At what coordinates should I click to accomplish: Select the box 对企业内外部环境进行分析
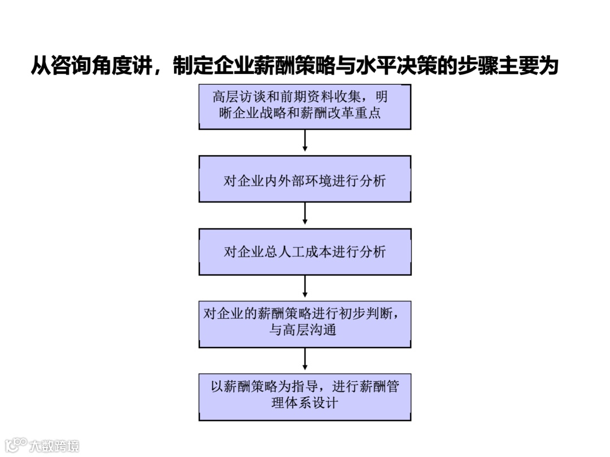tap(305, 179)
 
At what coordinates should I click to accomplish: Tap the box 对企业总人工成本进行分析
tap(305, 252)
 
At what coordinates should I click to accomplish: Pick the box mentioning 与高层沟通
tap(305, 324)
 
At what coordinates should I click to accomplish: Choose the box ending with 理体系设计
tap(305, 397)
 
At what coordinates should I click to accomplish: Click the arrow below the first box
tap(305, 140)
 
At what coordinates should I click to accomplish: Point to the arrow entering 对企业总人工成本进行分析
tap(305, 213)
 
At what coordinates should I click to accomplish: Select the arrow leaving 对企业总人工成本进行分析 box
tap(305, 286)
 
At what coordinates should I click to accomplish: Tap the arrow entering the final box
tap(305, 358)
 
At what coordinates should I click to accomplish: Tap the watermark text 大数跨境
tap(55, 446)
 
